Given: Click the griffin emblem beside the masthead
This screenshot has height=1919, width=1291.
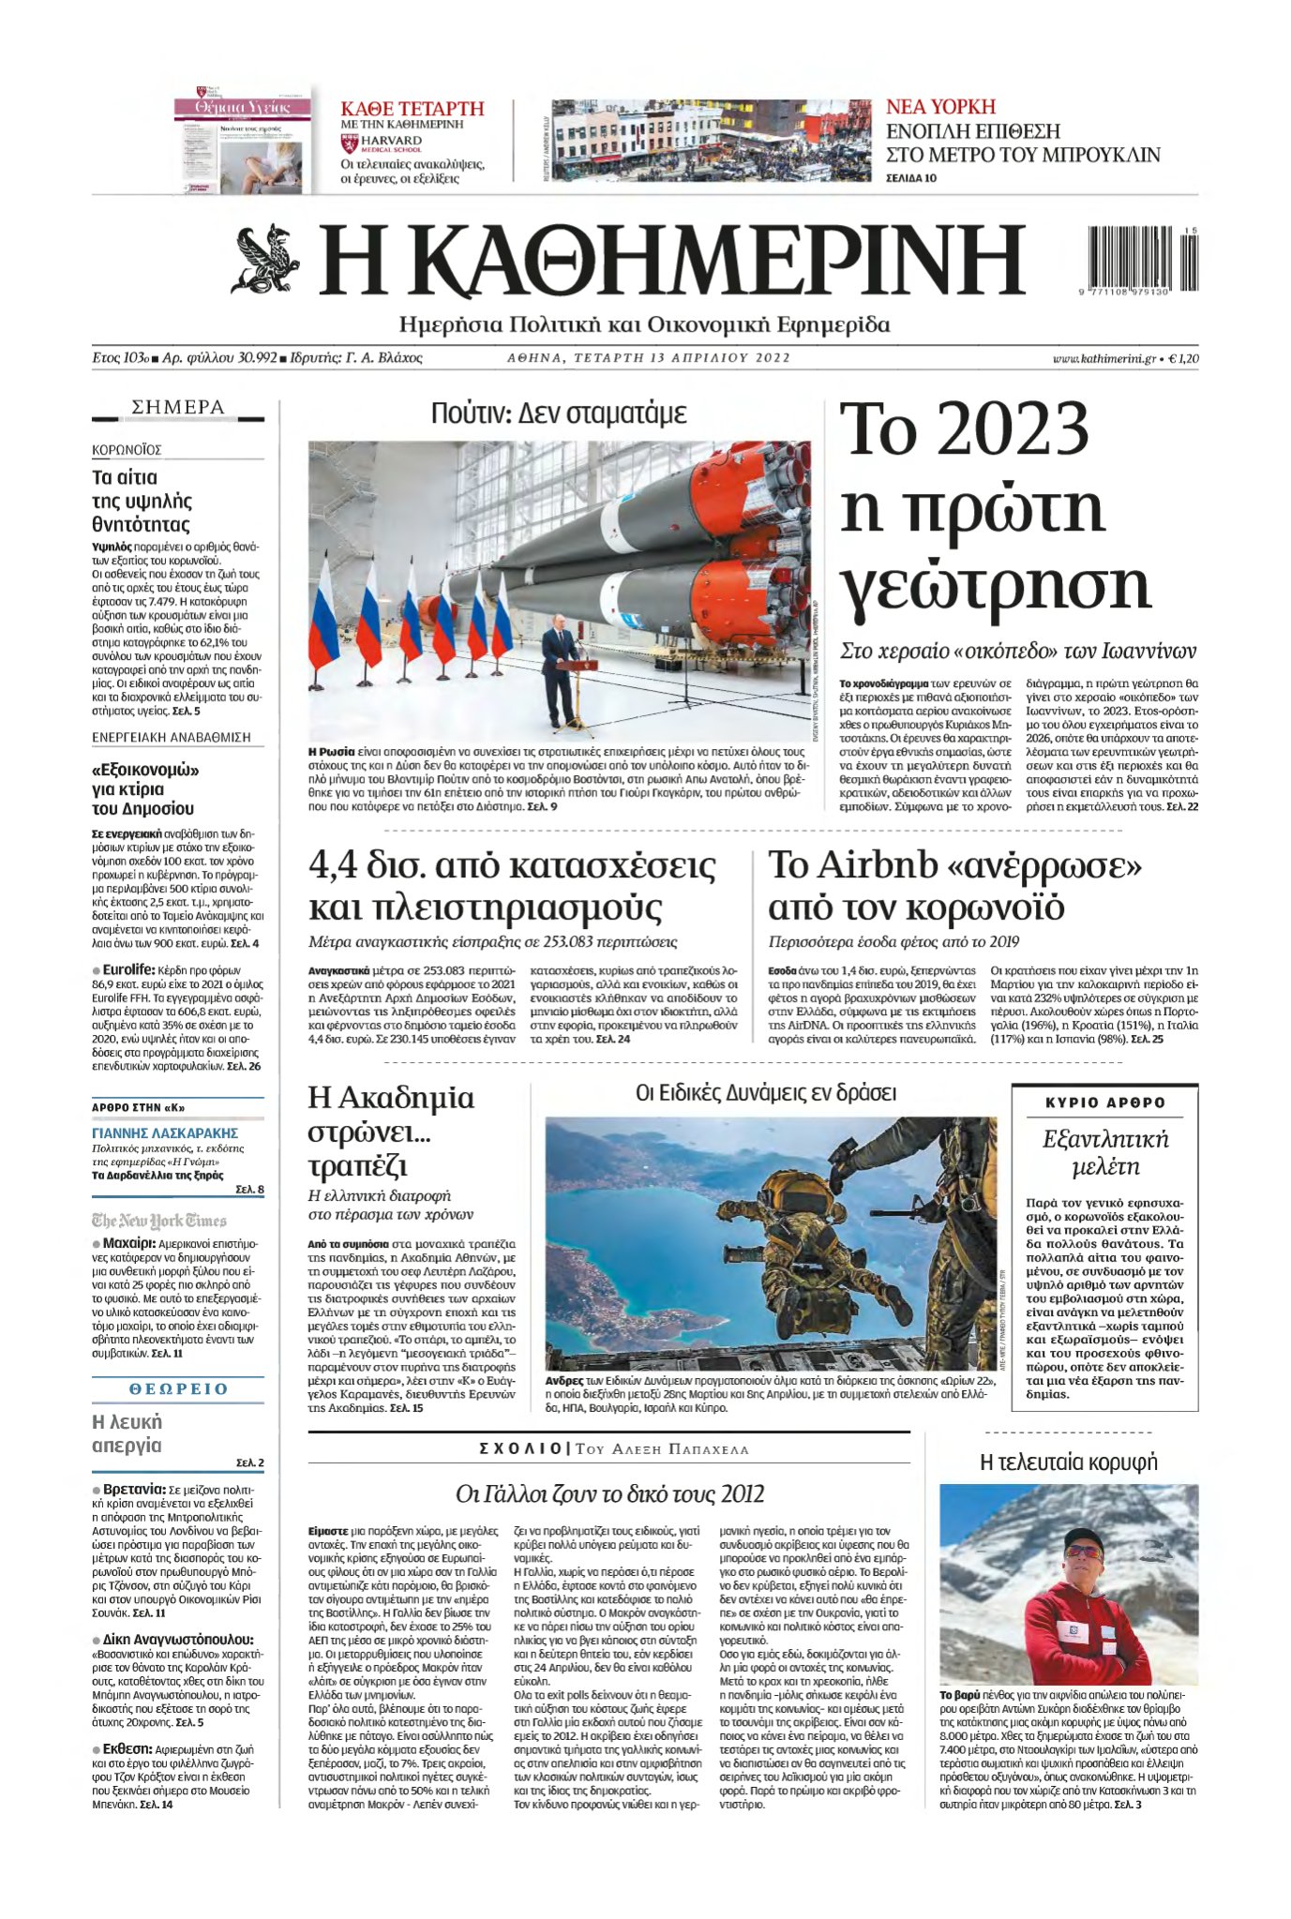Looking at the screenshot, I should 265,260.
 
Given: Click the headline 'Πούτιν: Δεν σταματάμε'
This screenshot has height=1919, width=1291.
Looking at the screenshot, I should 559,413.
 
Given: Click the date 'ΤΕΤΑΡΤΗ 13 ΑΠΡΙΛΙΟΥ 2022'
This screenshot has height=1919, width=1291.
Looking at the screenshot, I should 648,357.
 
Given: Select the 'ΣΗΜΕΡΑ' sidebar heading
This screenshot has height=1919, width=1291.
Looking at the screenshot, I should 178,407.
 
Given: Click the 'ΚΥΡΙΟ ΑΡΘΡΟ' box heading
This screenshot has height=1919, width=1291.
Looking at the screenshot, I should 1104,1102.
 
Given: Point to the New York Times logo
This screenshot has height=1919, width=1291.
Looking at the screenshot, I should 159,1220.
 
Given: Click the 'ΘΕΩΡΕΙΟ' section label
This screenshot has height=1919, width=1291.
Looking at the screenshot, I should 178,1388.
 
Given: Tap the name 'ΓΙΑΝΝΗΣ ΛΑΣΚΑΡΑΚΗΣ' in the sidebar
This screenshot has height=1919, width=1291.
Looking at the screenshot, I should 165,1132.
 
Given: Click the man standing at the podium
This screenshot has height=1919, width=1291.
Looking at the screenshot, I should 561,670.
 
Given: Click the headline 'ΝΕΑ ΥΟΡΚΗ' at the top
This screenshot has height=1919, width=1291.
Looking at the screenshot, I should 940,107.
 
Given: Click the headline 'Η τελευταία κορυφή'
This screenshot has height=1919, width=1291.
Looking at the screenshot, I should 1068,1462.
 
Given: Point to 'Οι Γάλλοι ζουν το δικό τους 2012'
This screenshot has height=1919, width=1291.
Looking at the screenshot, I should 609,1493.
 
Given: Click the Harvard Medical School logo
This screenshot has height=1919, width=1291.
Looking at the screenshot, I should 383,143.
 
